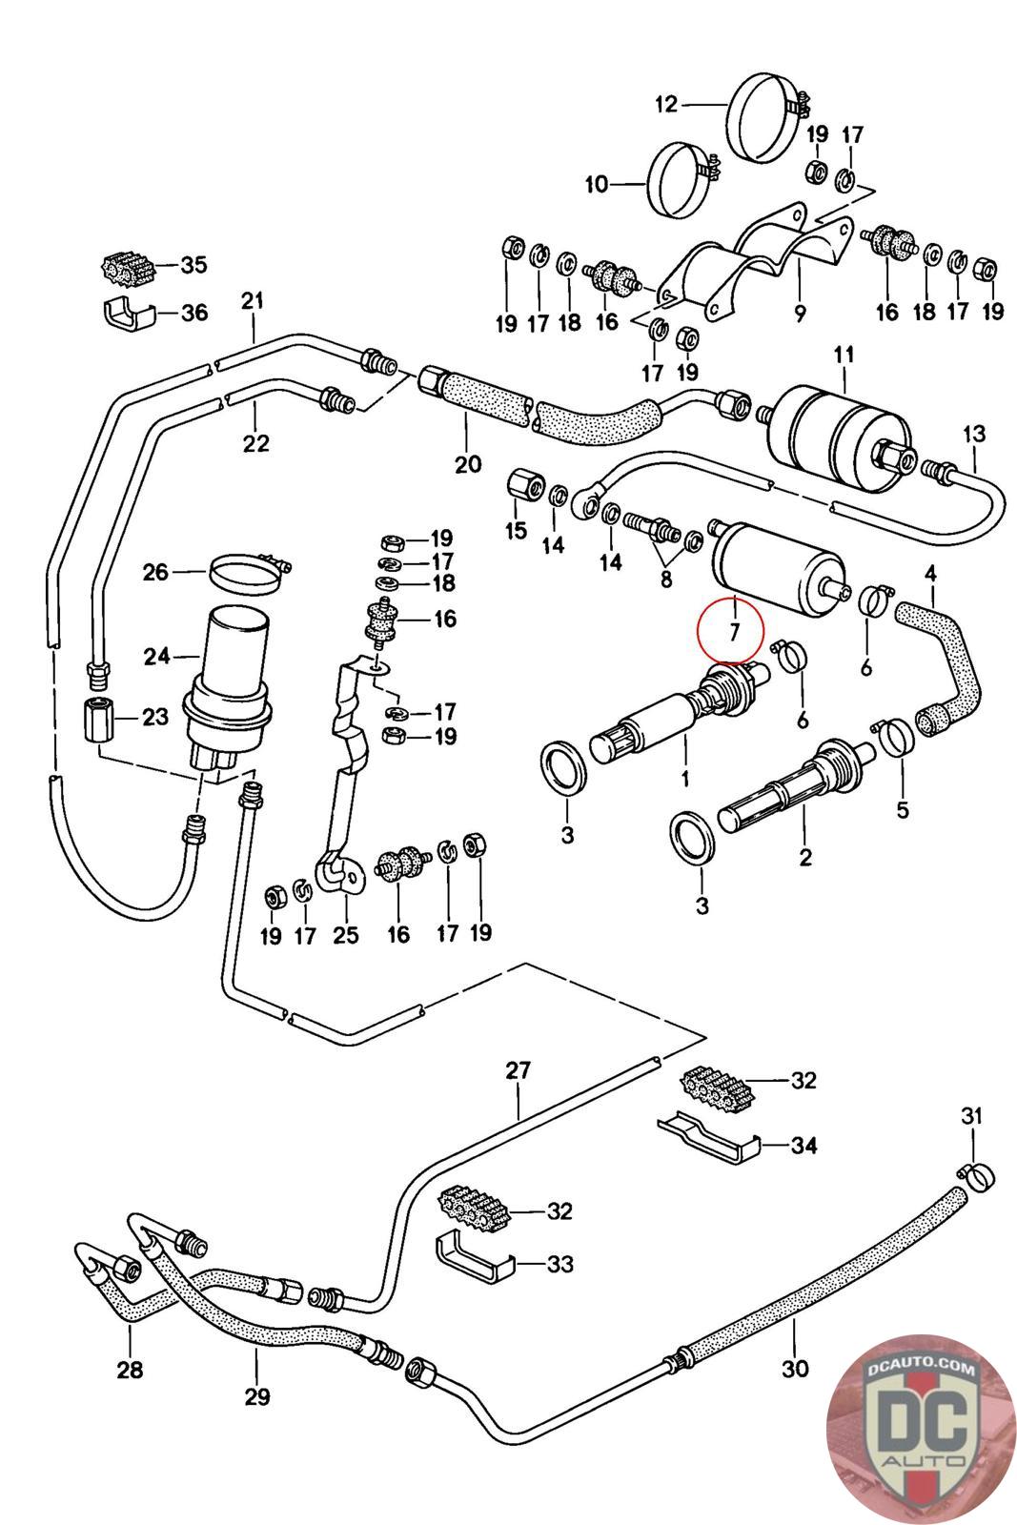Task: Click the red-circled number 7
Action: coord(731,631)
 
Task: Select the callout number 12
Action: coord(665,104)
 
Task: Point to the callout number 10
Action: coord(596,184)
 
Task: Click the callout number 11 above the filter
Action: coord(844,356)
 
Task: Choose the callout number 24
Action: coord(156,656)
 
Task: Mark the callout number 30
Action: coord(794,1369)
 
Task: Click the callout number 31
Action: coord(971,1115)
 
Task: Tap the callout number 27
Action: coord(518,1070)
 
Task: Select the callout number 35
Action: coord(193,265)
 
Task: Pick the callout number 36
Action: coord(193,312)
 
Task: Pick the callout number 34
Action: coord(803,1145)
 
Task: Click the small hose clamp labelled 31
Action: coord(974,1174)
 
